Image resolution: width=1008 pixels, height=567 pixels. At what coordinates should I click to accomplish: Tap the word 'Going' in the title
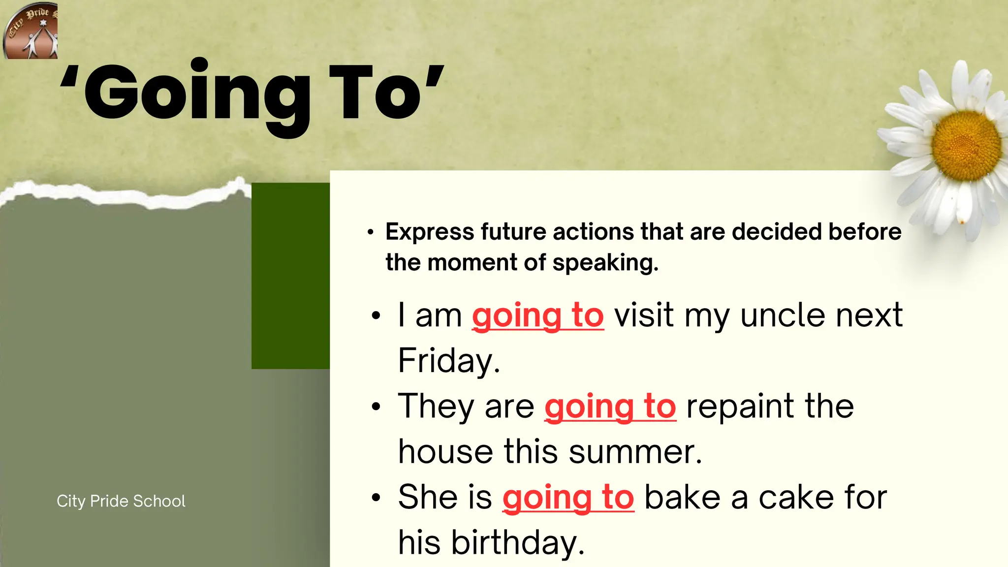197,94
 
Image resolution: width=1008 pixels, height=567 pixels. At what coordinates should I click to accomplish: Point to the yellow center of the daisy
966,146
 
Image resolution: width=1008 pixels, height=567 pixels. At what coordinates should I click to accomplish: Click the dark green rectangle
290,276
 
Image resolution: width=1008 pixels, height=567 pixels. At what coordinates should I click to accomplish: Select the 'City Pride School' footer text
121,501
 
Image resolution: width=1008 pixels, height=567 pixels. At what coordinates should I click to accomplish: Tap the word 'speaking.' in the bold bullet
605,263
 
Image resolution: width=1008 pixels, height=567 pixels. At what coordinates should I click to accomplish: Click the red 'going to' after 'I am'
537,315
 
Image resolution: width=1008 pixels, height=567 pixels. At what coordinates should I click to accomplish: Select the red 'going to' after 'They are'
610,407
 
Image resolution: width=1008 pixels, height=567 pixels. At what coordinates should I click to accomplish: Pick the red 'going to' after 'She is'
568,498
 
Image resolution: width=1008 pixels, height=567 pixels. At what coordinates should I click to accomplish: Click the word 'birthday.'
518,543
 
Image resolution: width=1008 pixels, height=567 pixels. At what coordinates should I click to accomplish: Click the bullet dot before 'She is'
377,498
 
